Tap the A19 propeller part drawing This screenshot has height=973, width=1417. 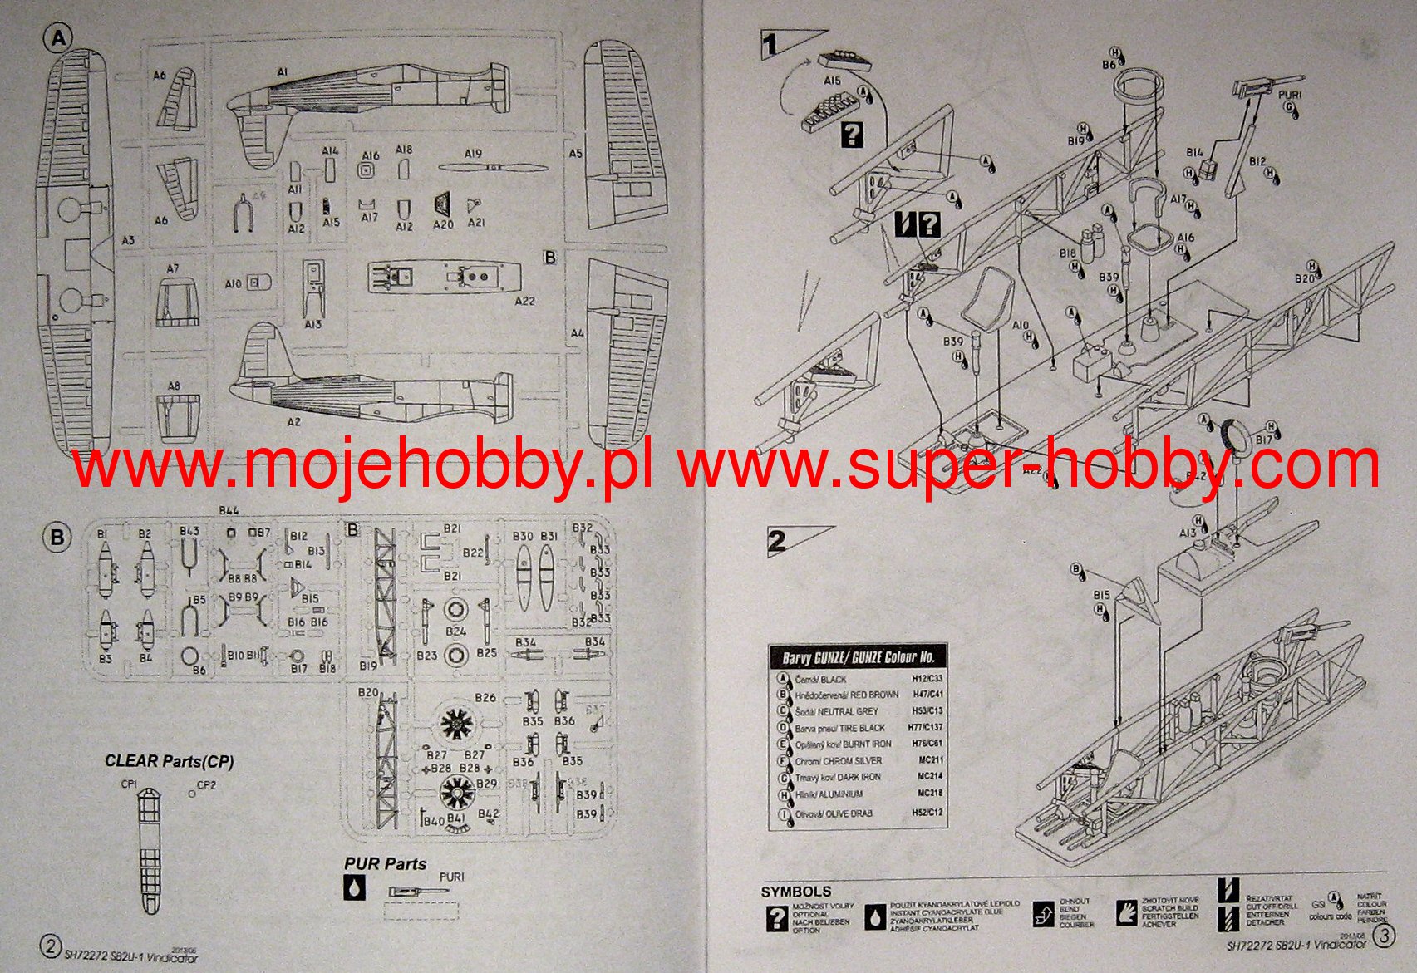(x=492, y=167)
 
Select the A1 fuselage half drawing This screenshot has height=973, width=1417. (x=366, y=104)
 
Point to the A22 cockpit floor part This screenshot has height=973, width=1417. (x=445, y=277)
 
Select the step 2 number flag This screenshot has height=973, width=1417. (x=778, y=541)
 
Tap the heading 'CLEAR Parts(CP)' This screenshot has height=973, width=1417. (x=169, y=761)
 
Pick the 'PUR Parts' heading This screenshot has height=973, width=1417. (x=385, y=864)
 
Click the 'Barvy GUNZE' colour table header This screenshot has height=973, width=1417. (x=859, y=657)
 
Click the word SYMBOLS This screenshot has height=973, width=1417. (x=795, y=892)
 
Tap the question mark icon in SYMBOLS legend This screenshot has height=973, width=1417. (x=776, y=918)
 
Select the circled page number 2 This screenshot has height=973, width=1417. (x=51, y=946)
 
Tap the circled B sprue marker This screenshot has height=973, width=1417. (x=57, y=538)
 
